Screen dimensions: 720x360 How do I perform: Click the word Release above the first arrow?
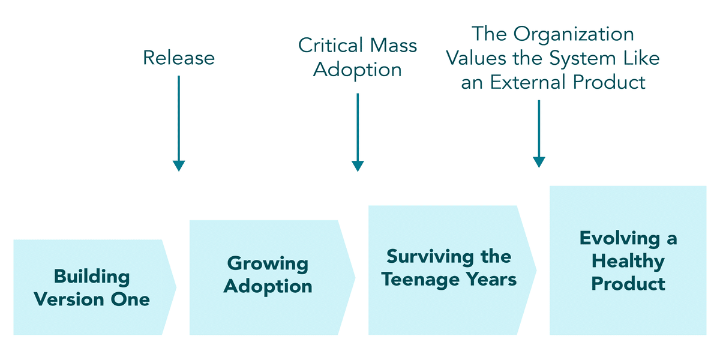pos(179,58)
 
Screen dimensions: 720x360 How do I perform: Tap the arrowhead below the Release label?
pos(179,166)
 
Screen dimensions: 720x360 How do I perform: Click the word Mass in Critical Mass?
pos(394,45)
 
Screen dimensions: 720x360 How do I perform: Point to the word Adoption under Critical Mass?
pos(358,70)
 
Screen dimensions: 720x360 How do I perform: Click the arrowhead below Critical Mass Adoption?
pos(358,166)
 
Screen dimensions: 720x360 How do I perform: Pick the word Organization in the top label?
pos(574,35)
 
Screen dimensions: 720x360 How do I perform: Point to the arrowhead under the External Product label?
pos(539,162)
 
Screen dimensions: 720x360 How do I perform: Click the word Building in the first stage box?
pos(92,277)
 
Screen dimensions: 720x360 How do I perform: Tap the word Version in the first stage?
pos(69,299)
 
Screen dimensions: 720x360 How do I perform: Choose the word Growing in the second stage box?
pos(268,264)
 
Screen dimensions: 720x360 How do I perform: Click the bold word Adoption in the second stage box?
pos(268,287)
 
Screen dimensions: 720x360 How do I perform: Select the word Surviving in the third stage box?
pos(430,257)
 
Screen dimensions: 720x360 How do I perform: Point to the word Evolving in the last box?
pos(620,239)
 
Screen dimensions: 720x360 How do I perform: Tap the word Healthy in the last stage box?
pos(628,261)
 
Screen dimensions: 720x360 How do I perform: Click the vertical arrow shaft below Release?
pos(179,118)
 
